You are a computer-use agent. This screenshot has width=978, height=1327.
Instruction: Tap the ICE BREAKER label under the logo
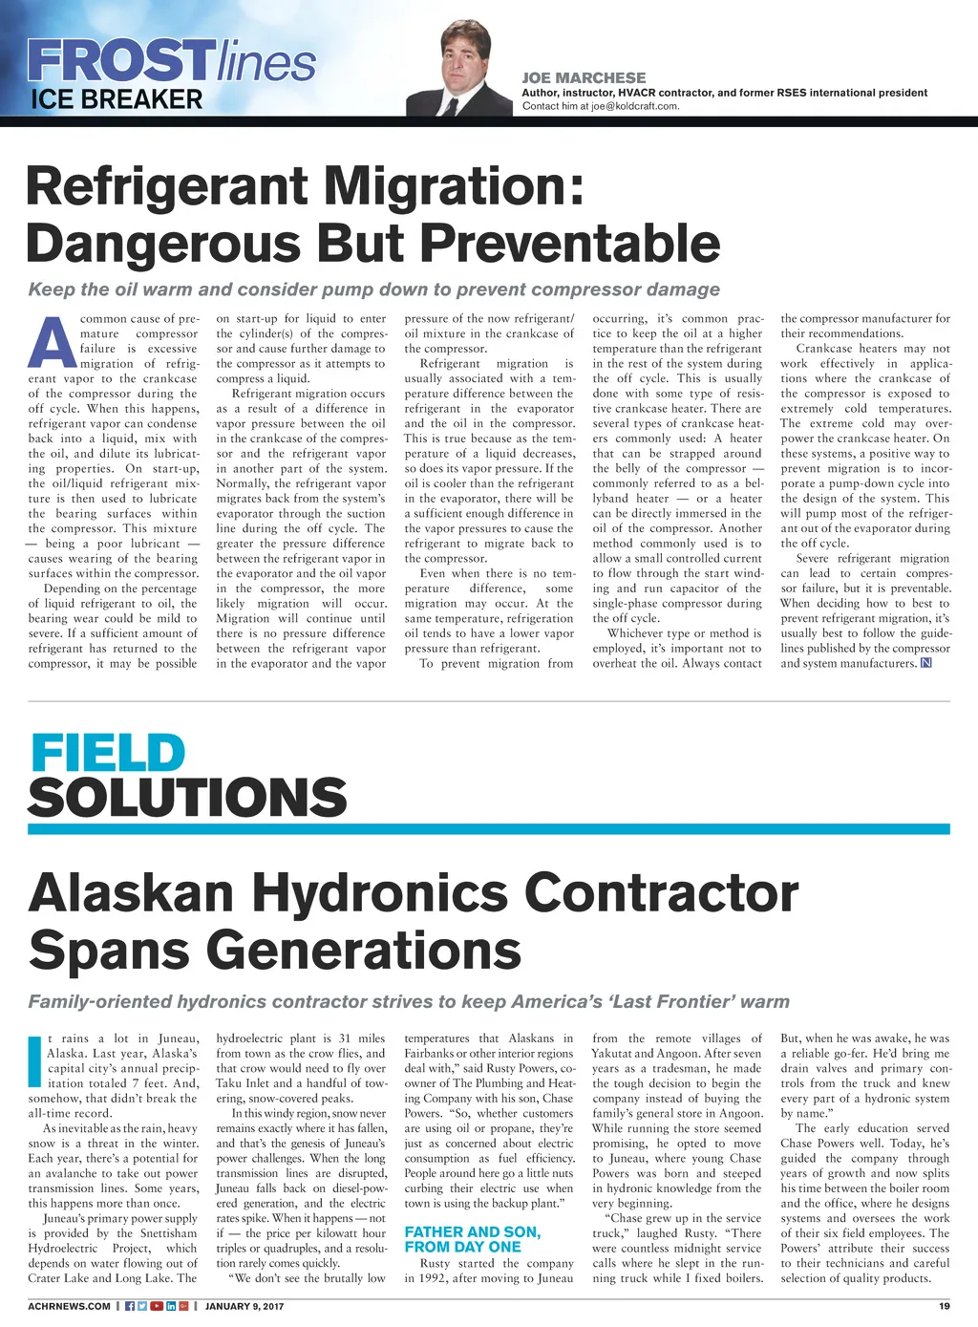pos(116,99)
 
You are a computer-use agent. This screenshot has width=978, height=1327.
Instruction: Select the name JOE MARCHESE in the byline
pos(584,77)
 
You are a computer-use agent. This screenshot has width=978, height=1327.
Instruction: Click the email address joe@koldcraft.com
pos(634,106)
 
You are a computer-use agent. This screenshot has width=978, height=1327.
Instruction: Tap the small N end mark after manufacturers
pos(925,664)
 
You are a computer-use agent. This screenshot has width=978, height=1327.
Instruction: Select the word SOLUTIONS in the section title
pos(187,797)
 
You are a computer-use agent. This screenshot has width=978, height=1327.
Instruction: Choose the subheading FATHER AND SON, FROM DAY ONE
pos(472,1239)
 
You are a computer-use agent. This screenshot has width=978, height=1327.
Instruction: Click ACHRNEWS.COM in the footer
pos(69,1306)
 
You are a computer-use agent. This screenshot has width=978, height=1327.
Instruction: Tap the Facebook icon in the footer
pos(130,1306)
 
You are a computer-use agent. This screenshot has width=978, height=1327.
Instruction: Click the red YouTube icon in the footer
pos(157,1306)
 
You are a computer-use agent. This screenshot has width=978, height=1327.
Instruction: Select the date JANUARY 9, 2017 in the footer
pos(244,1306)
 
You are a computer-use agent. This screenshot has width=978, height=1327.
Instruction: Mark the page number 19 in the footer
pos(944,1306)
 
